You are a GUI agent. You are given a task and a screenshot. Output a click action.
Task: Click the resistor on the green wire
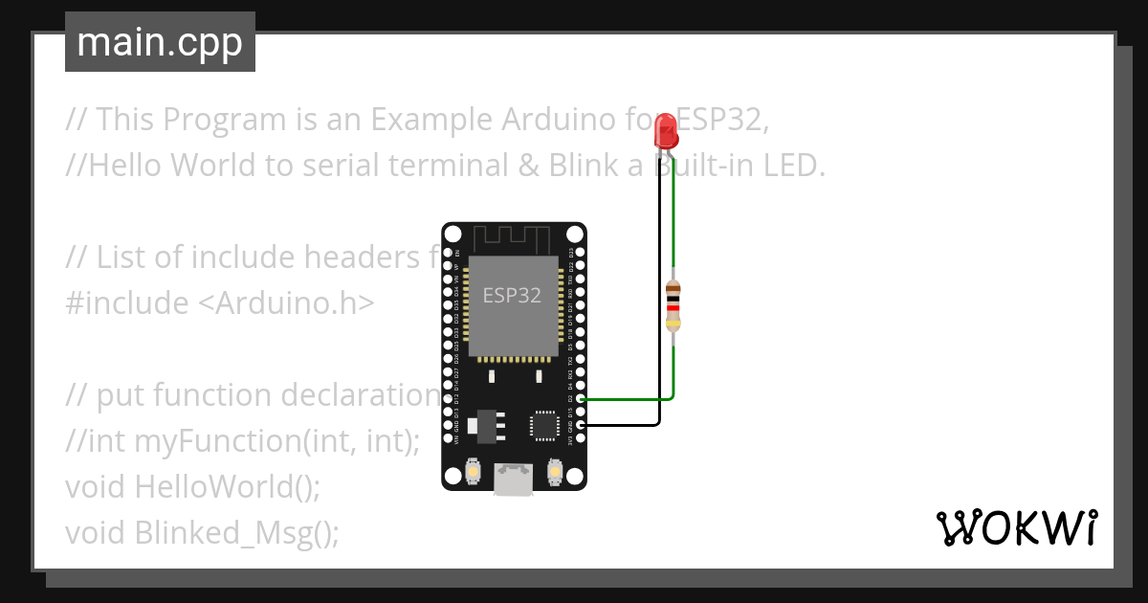(673, 305)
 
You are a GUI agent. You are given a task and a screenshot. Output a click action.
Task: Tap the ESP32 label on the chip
(512, 295)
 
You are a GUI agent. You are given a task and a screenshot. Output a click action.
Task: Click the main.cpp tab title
(160, 43)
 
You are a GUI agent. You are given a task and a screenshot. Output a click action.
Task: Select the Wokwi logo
(1016, 527)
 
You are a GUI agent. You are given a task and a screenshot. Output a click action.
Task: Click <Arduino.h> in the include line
(286, 302)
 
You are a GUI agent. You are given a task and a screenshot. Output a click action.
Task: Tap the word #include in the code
(127, 302)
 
